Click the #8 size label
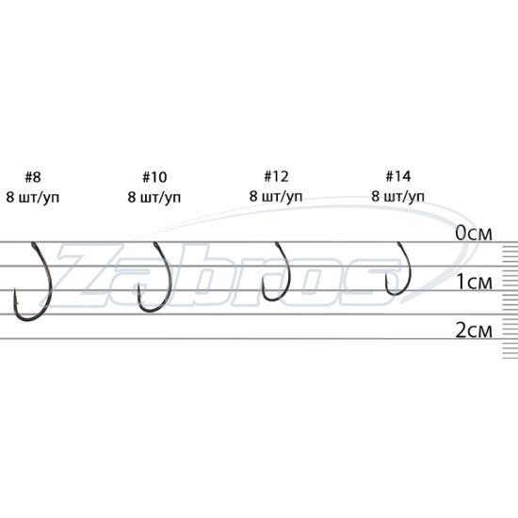tap(33, 177)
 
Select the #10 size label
tap(154, 177)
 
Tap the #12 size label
tap(276, 176)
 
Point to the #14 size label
tap(398, 176)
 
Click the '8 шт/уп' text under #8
tap(33, 198)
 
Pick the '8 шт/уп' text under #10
tap(154, 198)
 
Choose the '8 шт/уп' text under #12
tap(276, 197)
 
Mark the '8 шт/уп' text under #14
tap(398, 197)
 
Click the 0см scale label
tap(474, 234)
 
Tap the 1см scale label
tap(475, 283)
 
